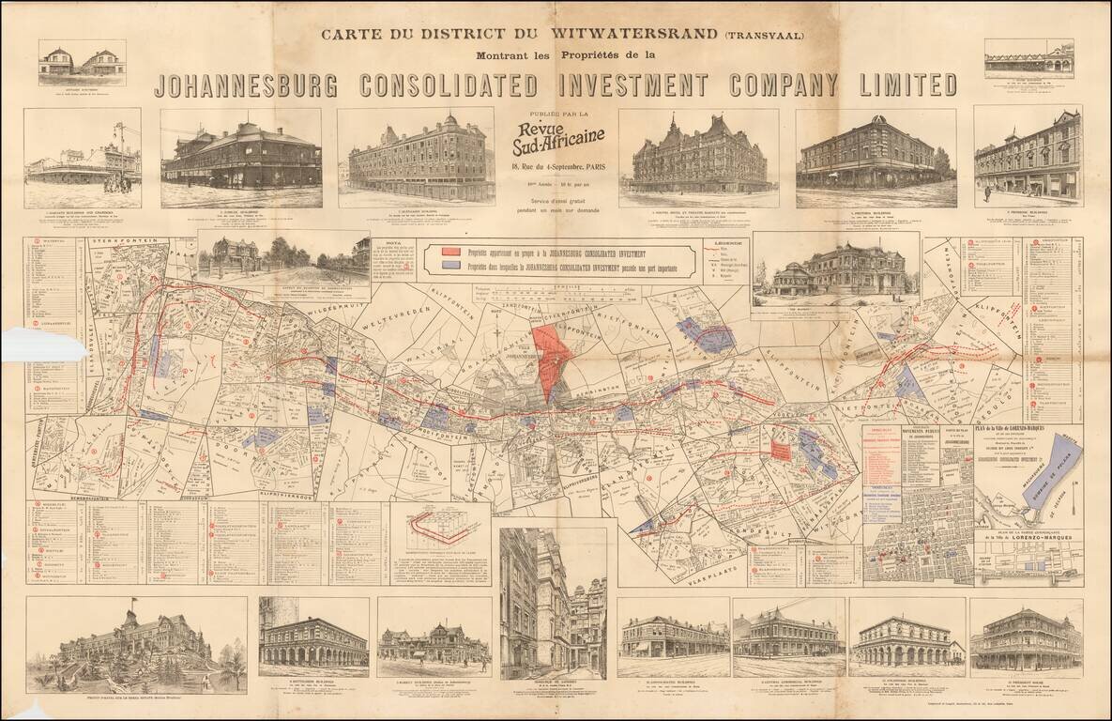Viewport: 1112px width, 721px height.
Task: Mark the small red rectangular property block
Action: coord(780,450)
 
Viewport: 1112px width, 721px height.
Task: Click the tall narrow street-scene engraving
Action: coord(553,602)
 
